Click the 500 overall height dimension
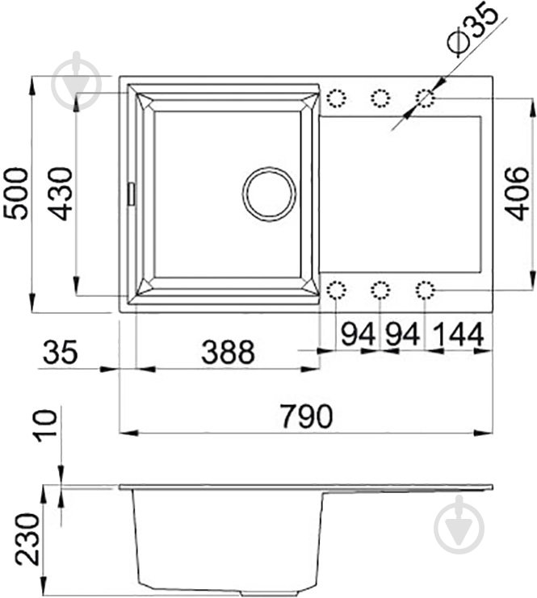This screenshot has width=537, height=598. click(16, 194)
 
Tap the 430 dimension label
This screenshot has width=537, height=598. click(61, 194)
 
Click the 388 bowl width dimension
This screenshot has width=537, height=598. click(228, 352)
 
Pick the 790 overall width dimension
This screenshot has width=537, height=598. click(307, 416)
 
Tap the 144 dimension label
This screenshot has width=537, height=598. click(459, 334)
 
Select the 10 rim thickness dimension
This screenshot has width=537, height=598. click(46, 425)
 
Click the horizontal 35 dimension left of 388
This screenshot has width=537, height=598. click(61, 352)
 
